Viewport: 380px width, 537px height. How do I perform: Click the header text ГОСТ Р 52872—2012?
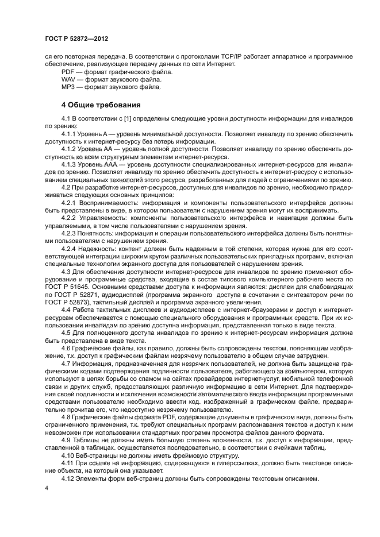[x=76, y=38]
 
